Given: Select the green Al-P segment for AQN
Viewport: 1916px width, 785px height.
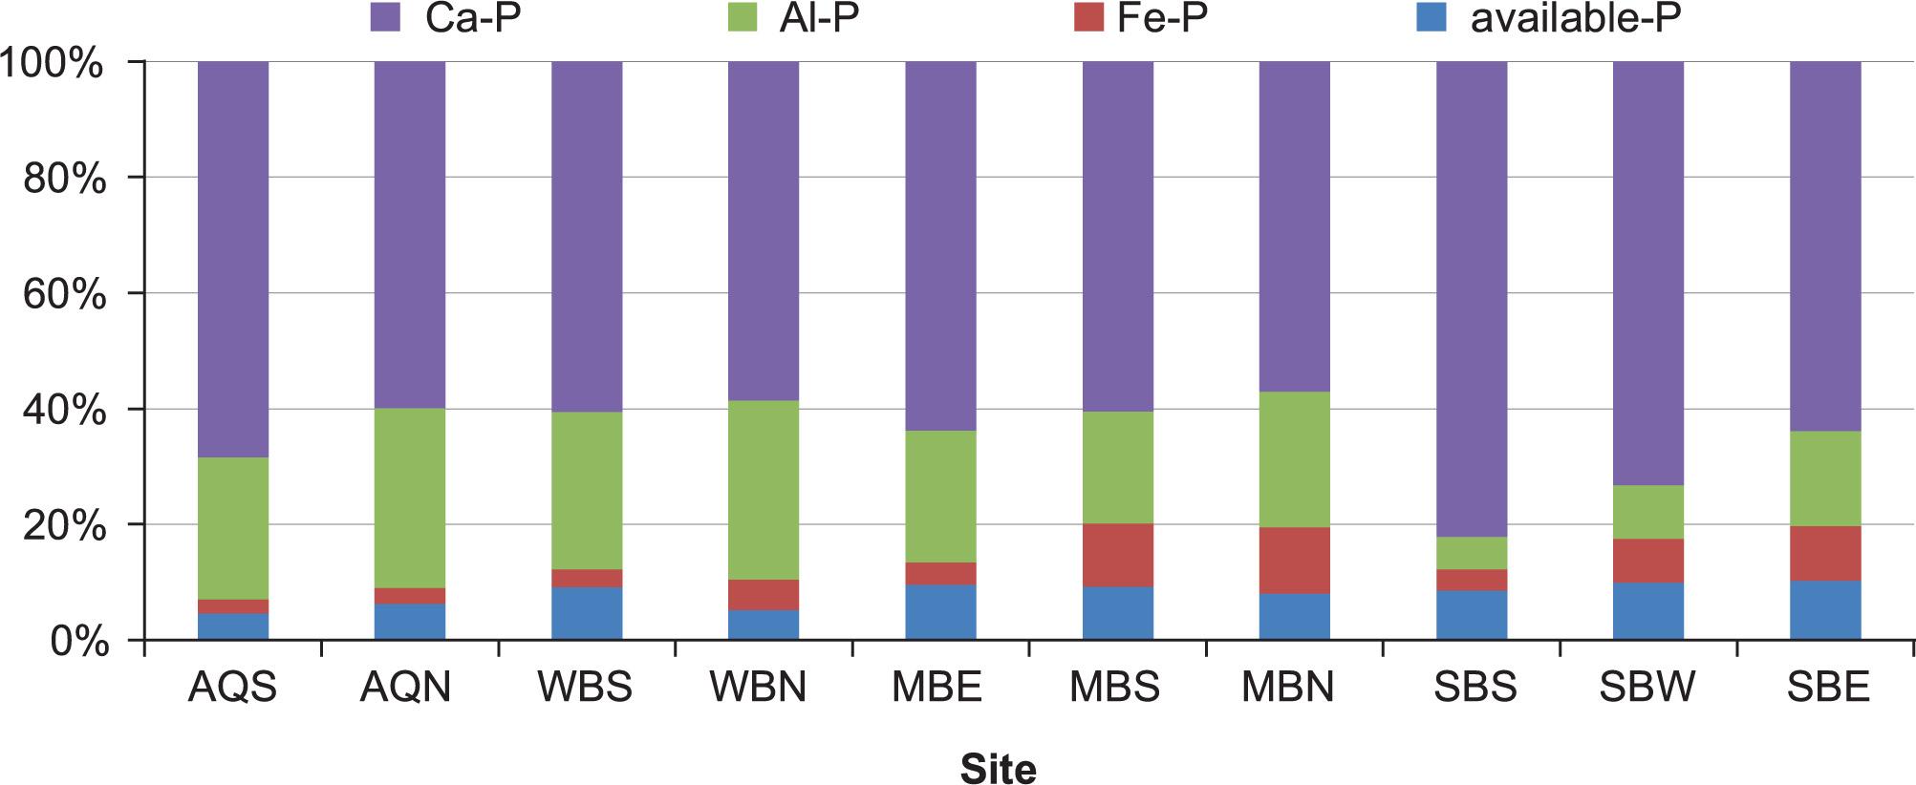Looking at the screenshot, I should pyautogui.click(x=409, y=498).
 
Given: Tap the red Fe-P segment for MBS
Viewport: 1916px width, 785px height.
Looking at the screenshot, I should pyautogui.click(x=1117, y=555).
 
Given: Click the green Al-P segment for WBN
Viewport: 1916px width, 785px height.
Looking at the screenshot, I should pyautogui.click(x=764, y=489).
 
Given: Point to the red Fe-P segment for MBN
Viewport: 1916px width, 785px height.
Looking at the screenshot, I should pyautogui.click(x=1295, y=561).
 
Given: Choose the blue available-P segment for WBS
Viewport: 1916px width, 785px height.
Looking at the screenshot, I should pyautogui.click(x=587, y=613).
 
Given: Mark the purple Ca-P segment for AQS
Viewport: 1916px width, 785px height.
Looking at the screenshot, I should pyautogui.click(x=232, y=259).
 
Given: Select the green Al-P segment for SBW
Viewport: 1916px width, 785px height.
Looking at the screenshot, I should pyautogui.click(x=1648, y=512).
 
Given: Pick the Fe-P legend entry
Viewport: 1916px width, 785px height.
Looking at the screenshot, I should pyautogui.click(x=1146, y=18).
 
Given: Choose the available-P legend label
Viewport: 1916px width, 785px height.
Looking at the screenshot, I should pyautogui.click(x=1575, y=18).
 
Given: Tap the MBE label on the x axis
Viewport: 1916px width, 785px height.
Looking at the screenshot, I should pyautogui.click(x=936, y=688).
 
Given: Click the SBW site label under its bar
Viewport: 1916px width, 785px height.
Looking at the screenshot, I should pyautogui.click(x=1647, y=688).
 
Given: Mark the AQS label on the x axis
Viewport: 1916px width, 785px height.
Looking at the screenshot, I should pyautogui.click(x=232, y=688).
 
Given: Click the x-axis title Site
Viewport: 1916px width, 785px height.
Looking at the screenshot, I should pyautogui.click(x=998, y=768).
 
